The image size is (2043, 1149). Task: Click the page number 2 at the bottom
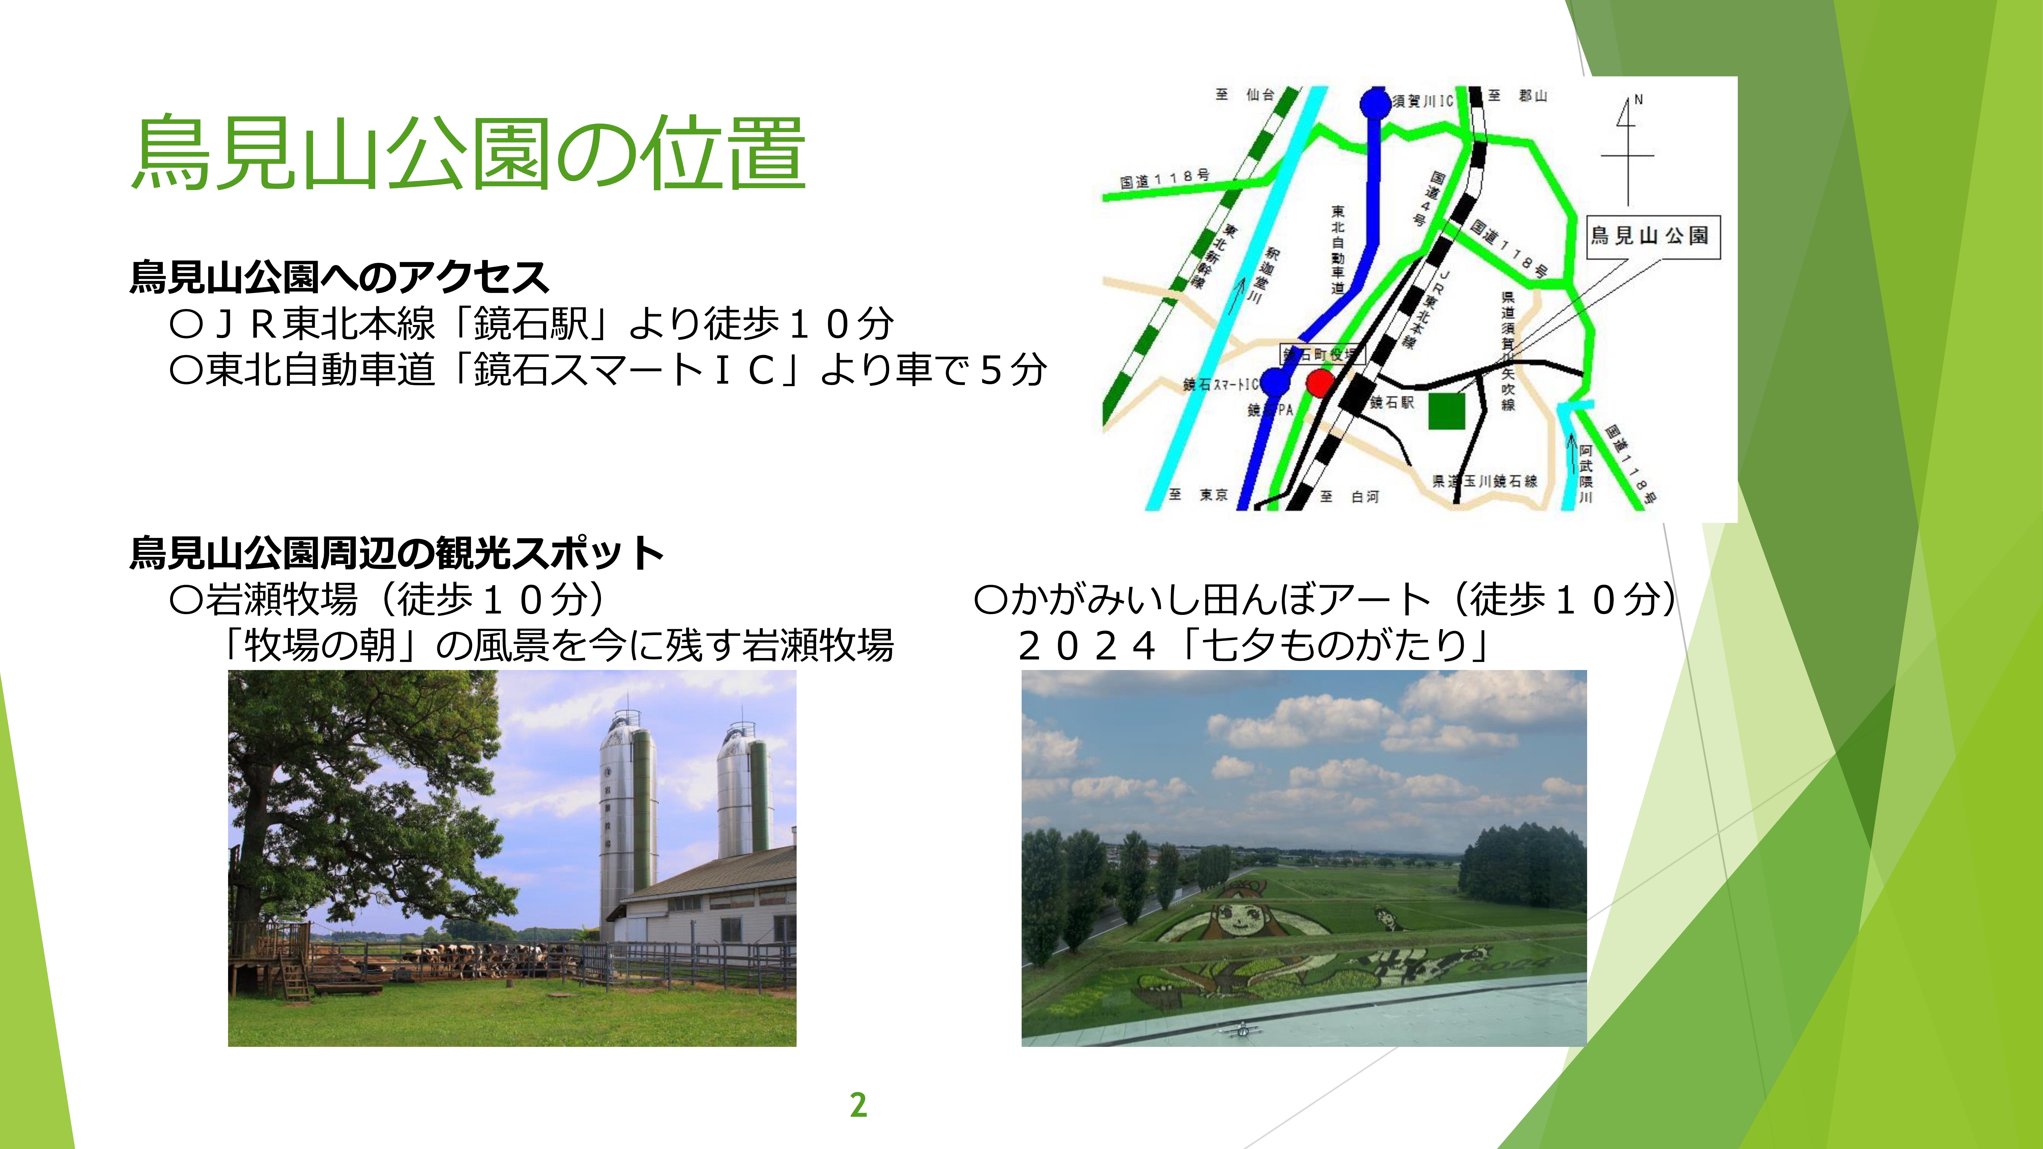858,1105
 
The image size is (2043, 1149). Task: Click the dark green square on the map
1447,411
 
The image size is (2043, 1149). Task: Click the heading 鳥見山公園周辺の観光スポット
397,553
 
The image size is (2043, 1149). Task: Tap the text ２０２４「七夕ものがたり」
1253,645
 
